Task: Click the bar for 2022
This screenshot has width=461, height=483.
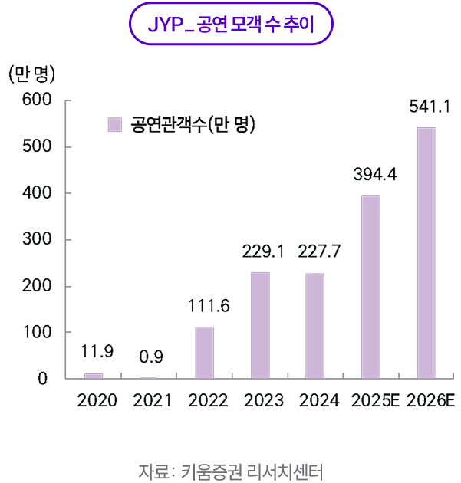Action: click(x=204, y=353)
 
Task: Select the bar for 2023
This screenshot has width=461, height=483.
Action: click(x=260, y=326)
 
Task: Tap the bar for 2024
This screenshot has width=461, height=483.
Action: click(x=315, y=326)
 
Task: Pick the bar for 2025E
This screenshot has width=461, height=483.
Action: click(x=370, y=287)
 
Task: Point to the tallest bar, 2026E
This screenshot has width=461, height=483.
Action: click(x=426, y=253)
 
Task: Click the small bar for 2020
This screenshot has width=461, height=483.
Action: click(x=94, y=376)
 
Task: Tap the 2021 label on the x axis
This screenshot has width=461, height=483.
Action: click(x=152, y=400)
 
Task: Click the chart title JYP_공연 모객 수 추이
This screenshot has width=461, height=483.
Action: click(x=230, y=25)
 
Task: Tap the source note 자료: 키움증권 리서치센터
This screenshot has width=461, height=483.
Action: click(x=231, y=469)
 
